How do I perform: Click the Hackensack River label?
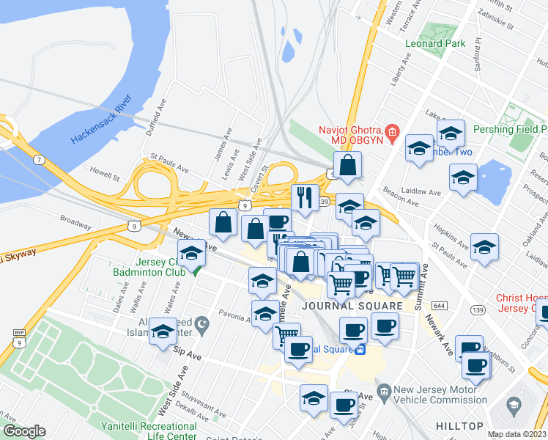click(x=101, y=119)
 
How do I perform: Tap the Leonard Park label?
click(x=435, y=43)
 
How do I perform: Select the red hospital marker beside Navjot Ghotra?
click(x=393, y=133)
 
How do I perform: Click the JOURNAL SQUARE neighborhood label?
click(x=353, y=306)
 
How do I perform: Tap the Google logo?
click(x=25, y=431)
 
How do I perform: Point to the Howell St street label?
click(x=105, y=176)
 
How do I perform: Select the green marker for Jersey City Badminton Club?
click(x=196, y=269)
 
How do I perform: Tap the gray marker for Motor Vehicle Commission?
click(x=382, y=389)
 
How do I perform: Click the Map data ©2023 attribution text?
click(x=516, y=434)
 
